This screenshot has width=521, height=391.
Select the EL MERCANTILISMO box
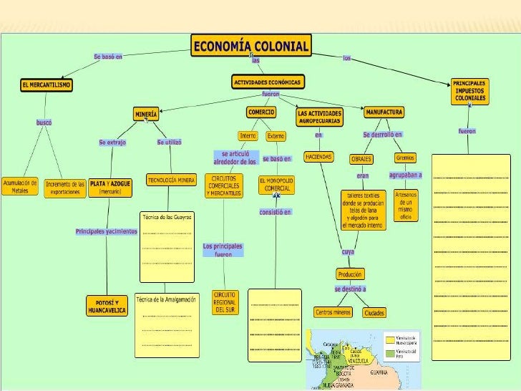tap(46, 85)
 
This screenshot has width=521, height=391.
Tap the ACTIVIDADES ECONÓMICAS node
tap(268, 82)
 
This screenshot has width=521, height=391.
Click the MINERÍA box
tap(145, 114)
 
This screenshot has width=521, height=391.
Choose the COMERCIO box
tap(261, 112)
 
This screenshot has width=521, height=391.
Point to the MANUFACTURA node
tap(384, 112)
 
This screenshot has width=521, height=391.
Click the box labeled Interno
tap(248, 136)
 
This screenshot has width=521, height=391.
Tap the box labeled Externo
tap(276, 136)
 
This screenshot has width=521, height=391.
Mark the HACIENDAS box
tap(318, 156)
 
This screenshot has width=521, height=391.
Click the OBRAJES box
tap(361, 158)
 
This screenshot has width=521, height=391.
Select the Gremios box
tap(405, 158)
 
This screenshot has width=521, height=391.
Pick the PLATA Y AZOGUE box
tap(110, 188)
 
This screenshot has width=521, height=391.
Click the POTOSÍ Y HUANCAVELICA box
tap(107, 306)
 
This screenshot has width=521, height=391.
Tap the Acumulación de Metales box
tap(20, 186)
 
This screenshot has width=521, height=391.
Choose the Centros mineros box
tap(333, 312)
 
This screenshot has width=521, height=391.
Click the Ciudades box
tap(374, 312)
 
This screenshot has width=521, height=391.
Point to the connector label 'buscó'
tap(44, 122)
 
